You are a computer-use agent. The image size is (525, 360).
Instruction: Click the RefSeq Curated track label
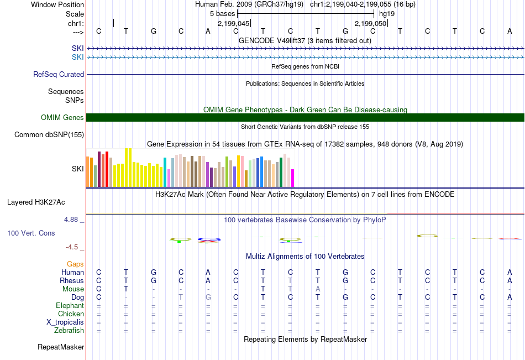59,74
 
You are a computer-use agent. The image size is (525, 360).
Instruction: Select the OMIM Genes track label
62,117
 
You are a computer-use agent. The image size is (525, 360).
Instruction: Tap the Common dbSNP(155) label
49,134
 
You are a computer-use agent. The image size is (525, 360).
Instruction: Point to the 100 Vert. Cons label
31,233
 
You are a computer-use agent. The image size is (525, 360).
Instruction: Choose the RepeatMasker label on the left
61,347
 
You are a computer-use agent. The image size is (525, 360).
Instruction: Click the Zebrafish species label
69,331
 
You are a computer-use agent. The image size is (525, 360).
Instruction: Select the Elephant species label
70,306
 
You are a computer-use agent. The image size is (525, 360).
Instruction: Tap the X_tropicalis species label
65,322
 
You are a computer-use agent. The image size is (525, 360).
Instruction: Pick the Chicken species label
71,314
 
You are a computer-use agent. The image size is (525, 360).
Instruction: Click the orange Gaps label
75,264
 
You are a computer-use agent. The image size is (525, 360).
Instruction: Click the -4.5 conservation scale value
73,247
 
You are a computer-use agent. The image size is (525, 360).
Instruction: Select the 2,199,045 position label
234,24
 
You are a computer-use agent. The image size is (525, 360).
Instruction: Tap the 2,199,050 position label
370,24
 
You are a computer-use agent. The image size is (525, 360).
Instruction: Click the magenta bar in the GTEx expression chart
293,178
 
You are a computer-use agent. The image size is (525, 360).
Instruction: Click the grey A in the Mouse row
318,289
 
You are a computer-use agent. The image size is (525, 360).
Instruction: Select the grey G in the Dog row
208,297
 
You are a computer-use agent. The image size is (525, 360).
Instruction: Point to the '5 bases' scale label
222,13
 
